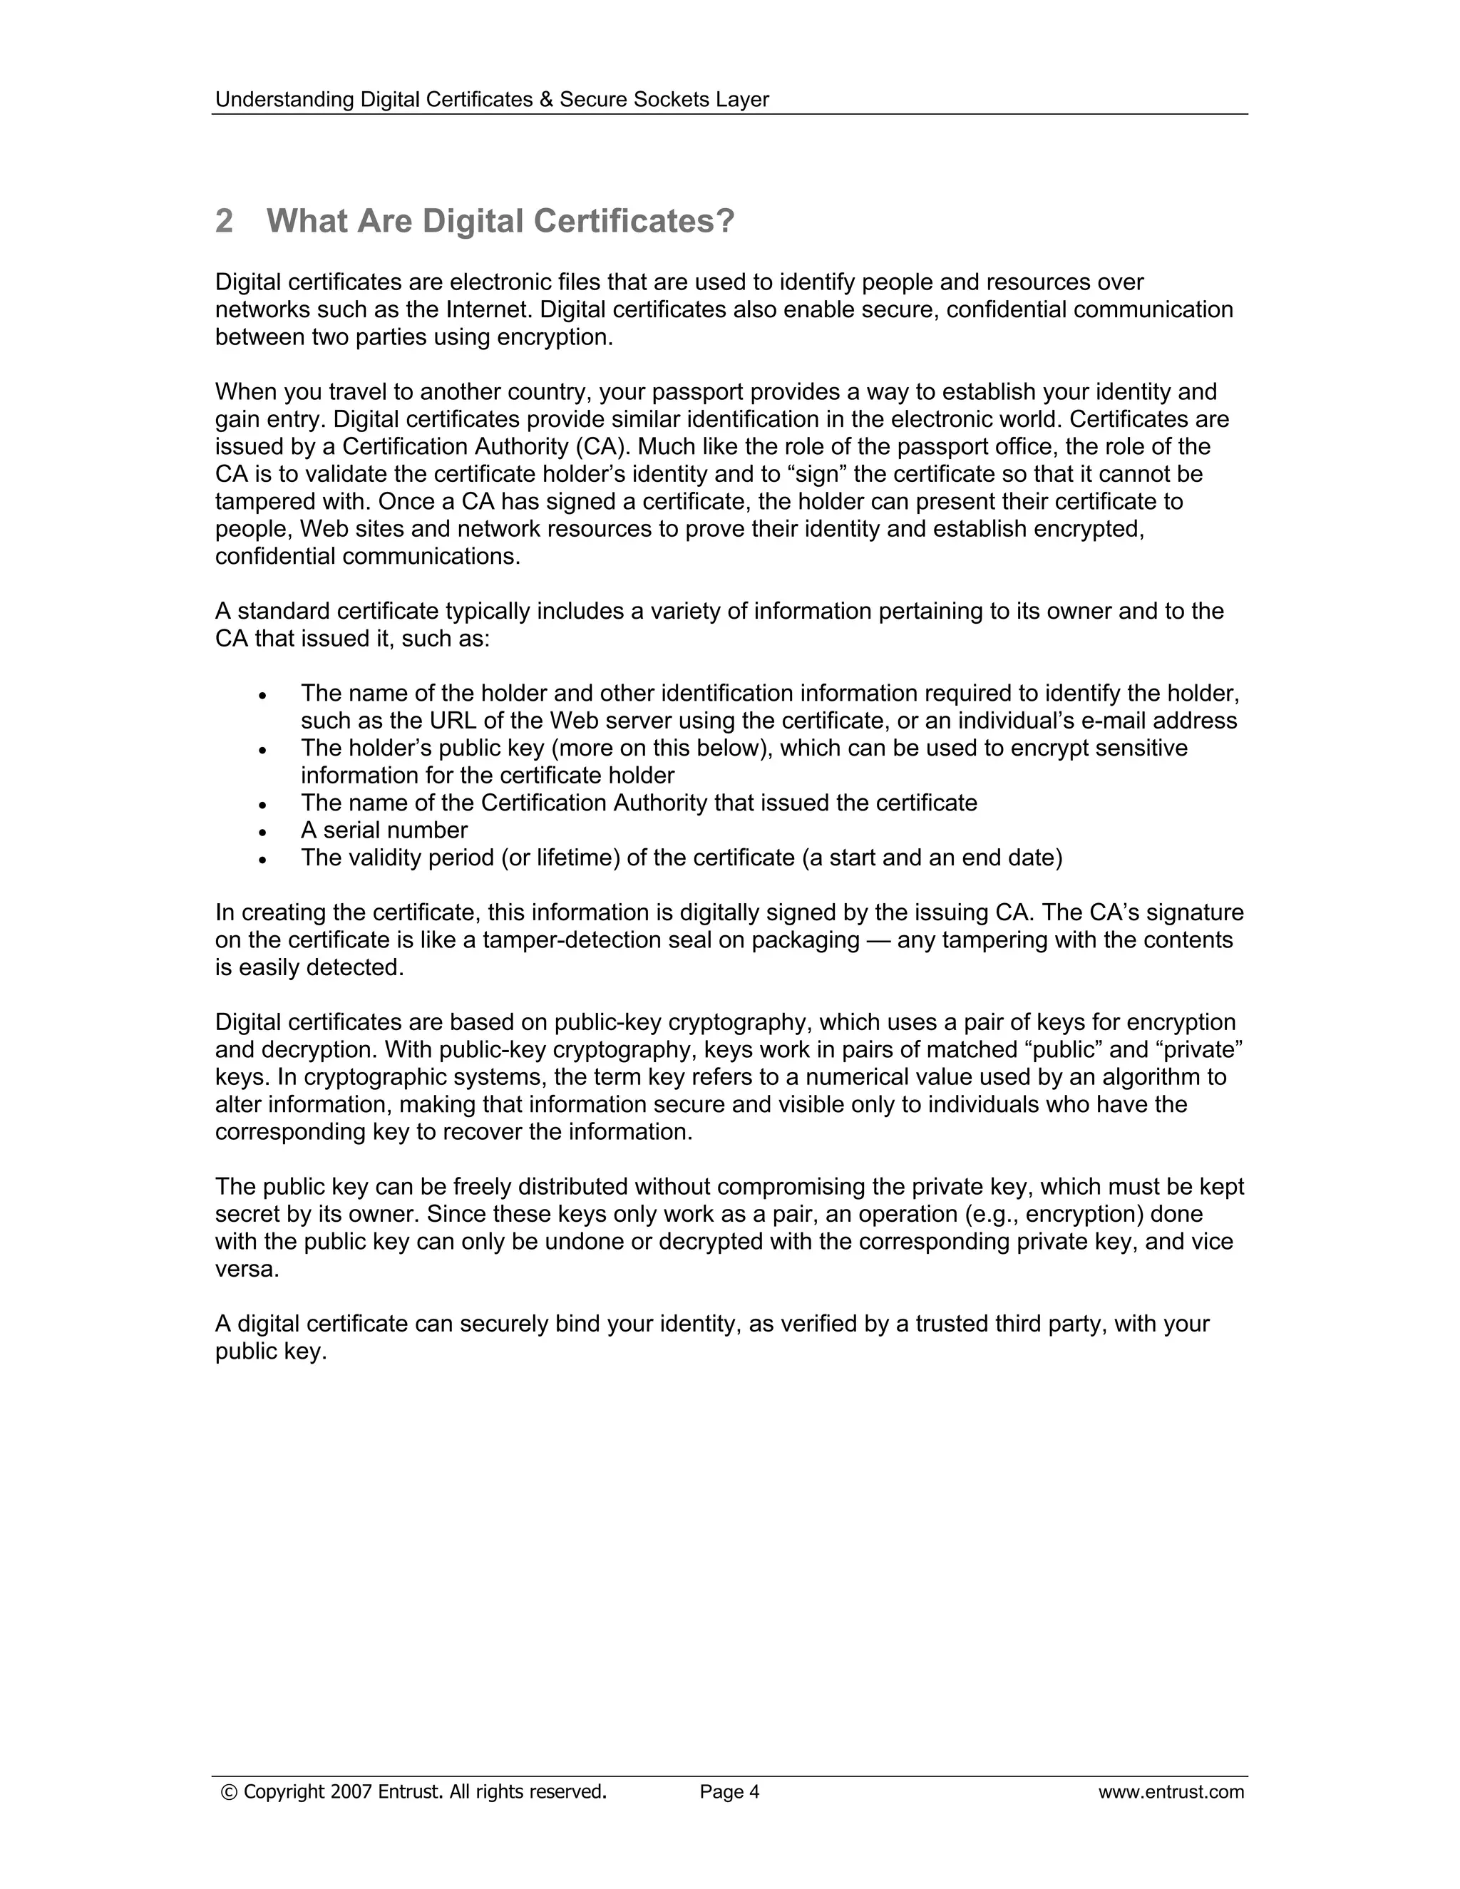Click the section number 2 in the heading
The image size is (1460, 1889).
coord(224,222)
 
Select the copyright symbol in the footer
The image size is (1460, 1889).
coord(230,1792)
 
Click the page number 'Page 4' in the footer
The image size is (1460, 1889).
coord(729,1792)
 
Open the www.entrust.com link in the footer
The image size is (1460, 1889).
coord(1171,1792)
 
